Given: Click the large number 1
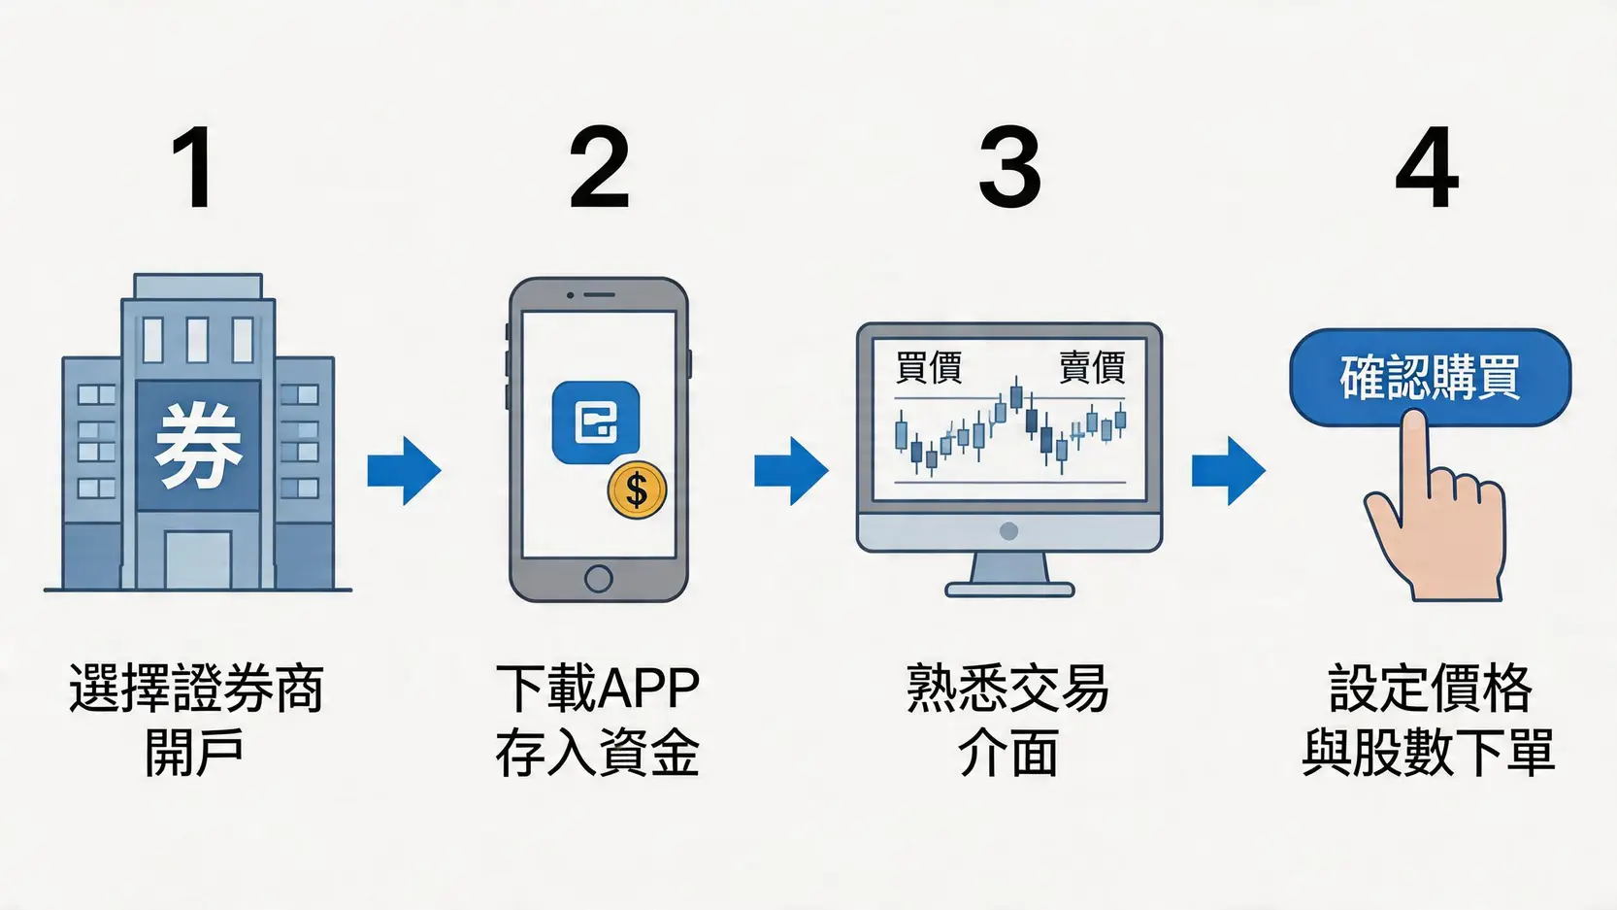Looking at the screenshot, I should coord(195,168).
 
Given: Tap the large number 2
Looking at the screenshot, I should coord(599,168).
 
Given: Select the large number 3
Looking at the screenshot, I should coord(1009,168).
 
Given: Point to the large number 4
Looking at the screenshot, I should coord(1427,168).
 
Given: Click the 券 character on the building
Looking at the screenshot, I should coord(198,446).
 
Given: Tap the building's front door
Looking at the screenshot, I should coord(198,559).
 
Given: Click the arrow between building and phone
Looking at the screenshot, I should coord(404,471).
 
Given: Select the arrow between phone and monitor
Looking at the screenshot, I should coord(791,471).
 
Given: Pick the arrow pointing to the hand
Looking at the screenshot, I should coord(1228,471).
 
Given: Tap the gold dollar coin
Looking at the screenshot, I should coord(637,490).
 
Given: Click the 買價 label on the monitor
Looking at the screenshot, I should coord(928,368).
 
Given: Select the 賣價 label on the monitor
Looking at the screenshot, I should coord(1091,368).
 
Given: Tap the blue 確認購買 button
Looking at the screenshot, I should coord(1429,377).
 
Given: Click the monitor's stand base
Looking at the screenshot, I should coord(1009,589).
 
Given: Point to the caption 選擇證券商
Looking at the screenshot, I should coord(196,689).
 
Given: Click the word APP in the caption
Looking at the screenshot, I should coord(648,689).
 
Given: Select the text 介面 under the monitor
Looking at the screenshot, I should coord(1007,754).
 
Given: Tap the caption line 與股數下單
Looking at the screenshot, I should coord(1429,754).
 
